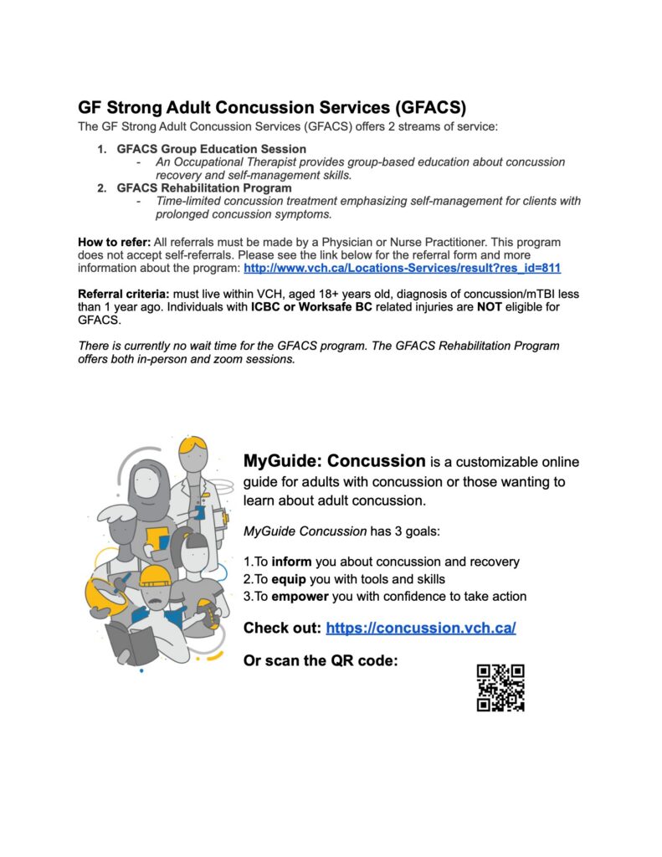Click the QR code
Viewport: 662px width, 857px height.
coord(500,687)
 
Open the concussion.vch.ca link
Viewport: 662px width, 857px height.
coord(420,628)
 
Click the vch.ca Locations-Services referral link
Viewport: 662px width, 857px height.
coord(402,268)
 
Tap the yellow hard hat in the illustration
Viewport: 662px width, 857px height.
coord(155,575)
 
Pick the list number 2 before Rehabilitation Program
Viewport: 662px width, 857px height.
coord(101,188)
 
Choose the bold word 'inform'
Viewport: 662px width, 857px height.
coord(292,562)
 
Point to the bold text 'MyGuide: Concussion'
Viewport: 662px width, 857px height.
coord(334,461)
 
